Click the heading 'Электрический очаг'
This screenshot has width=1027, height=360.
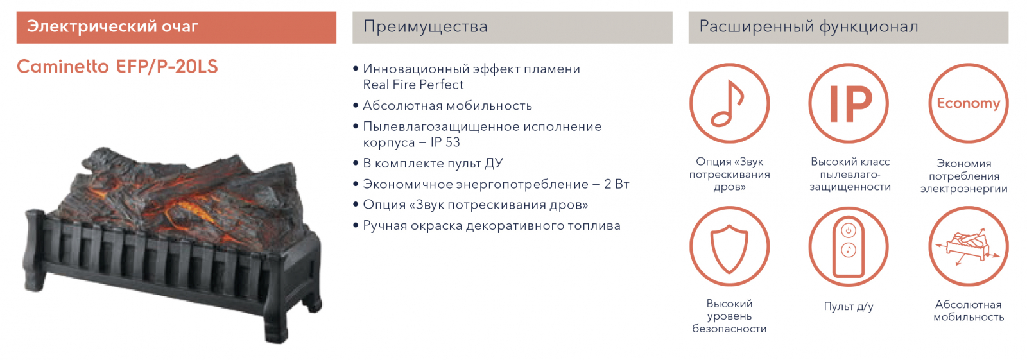(112, 26)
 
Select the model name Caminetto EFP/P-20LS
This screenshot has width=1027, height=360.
(117, 67)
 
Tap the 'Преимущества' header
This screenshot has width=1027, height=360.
(426, 26)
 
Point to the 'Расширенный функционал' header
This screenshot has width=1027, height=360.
(809, 26)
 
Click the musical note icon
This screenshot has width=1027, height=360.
(729, 104)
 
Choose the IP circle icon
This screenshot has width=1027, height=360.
(848, 104)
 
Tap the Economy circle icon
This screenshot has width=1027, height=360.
(969, 104)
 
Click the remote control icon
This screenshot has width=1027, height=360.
(848, 246)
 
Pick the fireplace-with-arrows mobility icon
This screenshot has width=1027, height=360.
(969, 246)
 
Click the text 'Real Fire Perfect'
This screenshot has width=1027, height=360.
(413, 85)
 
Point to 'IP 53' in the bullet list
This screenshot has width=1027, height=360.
(445, 142)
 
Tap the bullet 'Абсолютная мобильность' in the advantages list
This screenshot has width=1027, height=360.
(447, 106)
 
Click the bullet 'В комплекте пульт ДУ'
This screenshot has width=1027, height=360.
(433, 164)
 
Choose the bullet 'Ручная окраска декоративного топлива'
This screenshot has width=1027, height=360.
(492, 226)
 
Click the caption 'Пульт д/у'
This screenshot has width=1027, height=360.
(848, 306)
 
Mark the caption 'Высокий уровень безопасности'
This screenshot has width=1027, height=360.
(729, 316)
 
